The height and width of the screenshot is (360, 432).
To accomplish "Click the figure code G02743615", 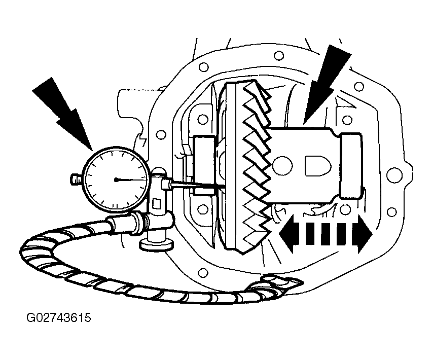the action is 58,318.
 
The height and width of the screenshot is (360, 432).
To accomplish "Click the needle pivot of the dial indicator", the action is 116,180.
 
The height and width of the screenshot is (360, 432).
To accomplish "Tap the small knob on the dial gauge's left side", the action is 76,179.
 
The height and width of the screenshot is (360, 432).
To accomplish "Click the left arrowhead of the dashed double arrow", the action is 288,234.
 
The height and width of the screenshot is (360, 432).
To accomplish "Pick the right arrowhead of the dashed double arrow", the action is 364,234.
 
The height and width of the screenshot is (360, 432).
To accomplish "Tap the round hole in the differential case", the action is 282,165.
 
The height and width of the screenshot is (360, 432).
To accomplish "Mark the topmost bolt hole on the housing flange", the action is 279,55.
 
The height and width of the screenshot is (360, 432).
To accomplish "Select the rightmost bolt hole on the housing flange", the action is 392,174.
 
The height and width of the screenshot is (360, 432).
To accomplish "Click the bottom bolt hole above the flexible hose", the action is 202,273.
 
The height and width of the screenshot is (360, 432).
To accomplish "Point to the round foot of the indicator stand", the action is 157,244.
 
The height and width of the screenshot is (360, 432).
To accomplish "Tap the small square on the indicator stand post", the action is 157,204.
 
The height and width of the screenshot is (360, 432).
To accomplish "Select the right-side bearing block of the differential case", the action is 351,165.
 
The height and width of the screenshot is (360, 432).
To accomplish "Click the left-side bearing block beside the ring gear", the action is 205,165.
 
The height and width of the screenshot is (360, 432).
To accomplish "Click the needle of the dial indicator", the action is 132,180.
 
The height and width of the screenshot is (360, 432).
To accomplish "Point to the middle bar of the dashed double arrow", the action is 326,234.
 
